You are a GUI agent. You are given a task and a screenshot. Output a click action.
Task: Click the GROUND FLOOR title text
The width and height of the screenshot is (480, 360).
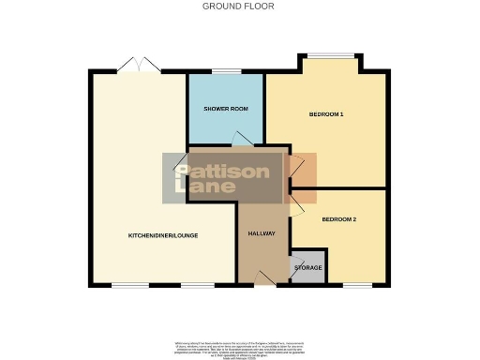(x=239, y=6)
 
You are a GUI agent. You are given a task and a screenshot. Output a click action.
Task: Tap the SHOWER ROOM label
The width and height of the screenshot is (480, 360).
(x=226, y=109)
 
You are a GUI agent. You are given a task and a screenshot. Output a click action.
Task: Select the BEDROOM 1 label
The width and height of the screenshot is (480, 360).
(x=326, y=114)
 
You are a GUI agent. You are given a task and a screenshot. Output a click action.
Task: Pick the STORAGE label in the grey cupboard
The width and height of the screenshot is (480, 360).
(x=307, y=268)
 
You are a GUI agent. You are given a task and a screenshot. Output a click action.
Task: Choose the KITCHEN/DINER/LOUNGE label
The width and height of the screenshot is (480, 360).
(x=161, y=235)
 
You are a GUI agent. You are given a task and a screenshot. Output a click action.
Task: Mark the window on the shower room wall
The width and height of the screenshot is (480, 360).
(x=226, y=71)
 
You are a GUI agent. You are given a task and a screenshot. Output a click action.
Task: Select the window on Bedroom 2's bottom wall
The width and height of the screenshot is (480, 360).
(x=355, y=284)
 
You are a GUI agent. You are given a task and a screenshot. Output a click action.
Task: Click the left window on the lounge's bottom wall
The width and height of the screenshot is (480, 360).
(x=126, y=284)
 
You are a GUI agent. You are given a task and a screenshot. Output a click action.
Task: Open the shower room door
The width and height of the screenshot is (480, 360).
(x=240, y=141)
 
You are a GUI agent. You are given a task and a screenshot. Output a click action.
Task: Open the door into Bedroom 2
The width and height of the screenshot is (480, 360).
(x=295, y=207)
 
